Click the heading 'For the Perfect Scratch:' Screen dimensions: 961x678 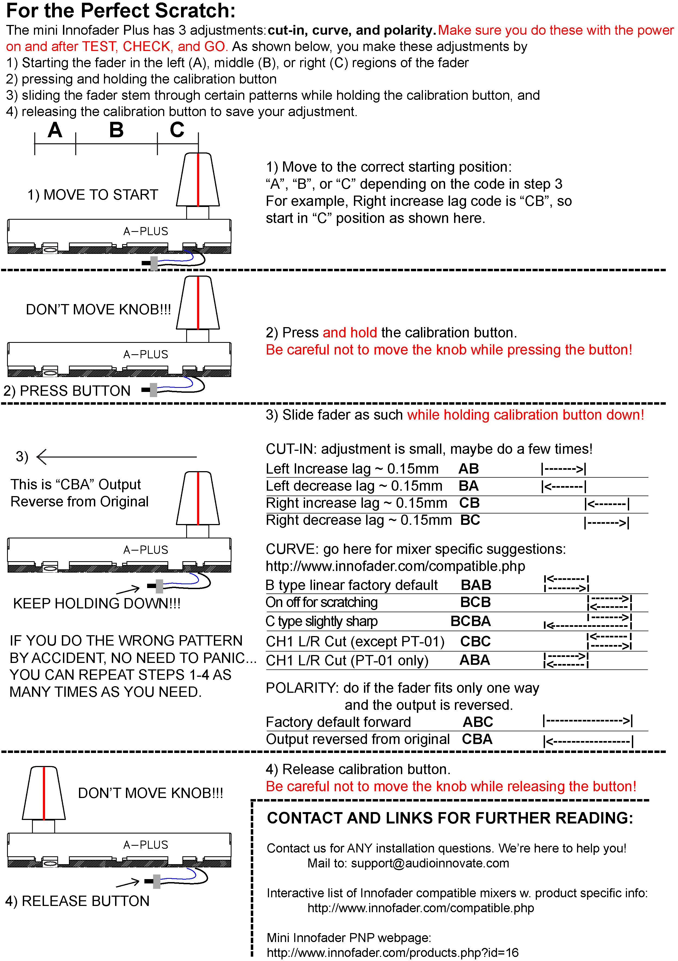pyautogui.click(x=121, y=11)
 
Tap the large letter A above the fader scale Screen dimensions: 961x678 pyautogui.click(x=55, y=130)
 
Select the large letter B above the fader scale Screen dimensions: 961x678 pyautogui.click(x=116, y=130)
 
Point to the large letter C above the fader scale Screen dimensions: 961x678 pyautogui.click(x=177, y=130)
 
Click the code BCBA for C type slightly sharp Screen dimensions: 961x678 pyautogui.click(x=470, y=621)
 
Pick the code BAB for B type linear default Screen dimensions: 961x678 pyautogui.click(x=476, y=585)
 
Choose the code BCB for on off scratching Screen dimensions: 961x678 pyautogui.click(x=475, y=602)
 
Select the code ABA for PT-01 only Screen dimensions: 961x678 pyautogui.click(x=474, y=660)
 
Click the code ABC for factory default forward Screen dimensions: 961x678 pyautogui.click(x=478, y=722)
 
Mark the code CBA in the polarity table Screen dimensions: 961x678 pyautogui.click(x=477, y=739)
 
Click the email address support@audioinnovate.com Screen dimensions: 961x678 pyautogui.click(x=430, y=863)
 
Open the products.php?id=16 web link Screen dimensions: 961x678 pyautogui.click(x=392, y=953)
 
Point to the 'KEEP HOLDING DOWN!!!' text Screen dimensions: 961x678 pyautogui.click(x=97, y=604)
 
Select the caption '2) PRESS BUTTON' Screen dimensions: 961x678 pyautogui.click(x=67, y=391)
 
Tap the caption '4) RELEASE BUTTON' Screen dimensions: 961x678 pyautogui.click(x=77, y=901)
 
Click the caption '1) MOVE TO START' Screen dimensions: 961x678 pyautogui.click(x=93, y=195)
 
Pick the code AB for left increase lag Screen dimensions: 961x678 pyautogui.click(x=469, y=469)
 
